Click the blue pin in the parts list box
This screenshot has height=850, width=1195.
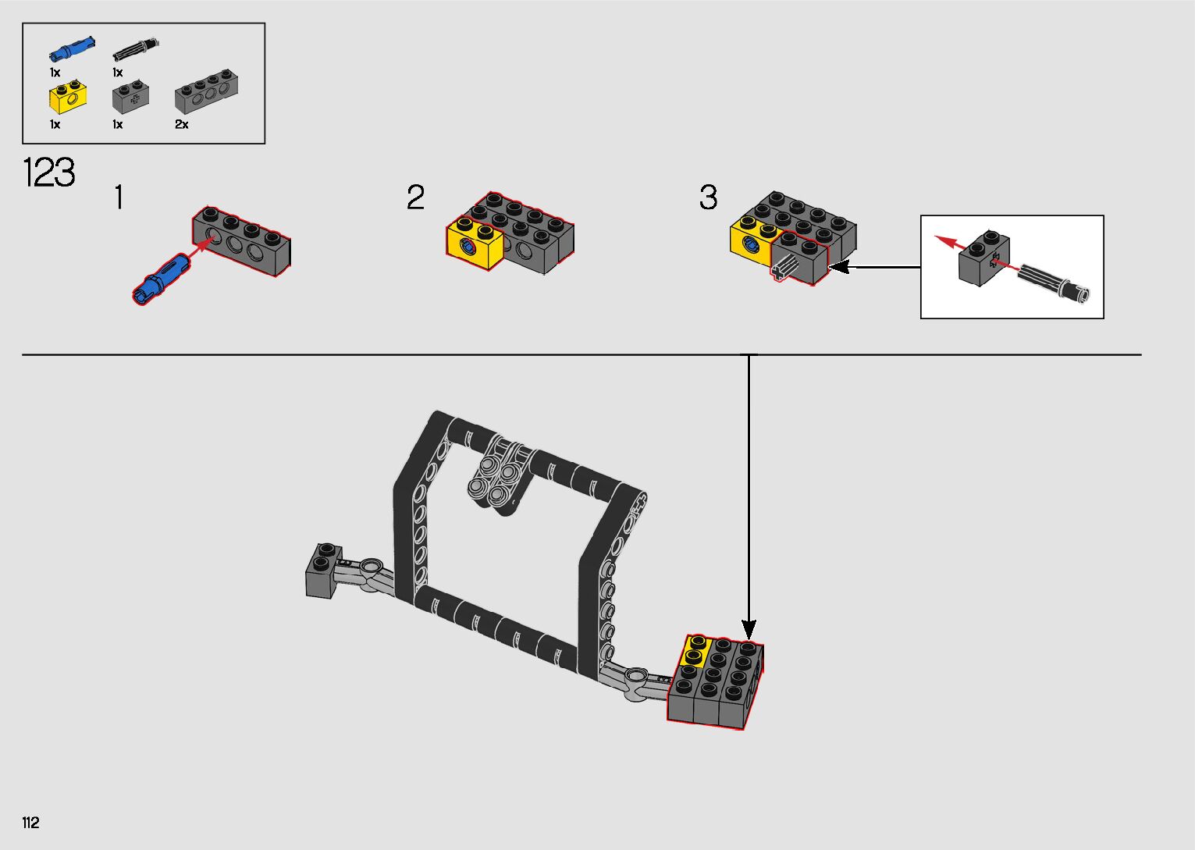click(73, 48)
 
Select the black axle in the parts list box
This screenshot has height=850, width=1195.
click(136, 50)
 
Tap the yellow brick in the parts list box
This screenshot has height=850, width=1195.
click(68, 97)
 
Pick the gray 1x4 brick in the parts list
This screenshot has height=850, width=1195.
click(207, 91)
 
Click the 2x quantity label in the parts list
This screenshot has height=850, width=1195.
click(181, 124)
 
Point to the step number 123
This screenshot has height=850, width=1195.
click(49, 172)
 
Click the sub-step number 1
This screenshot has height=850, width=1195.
click(119, 197)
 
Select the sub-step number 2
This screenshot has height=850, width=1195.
click(415, 197)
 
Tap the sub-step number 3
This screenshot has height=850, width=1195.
click(709, 197)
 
